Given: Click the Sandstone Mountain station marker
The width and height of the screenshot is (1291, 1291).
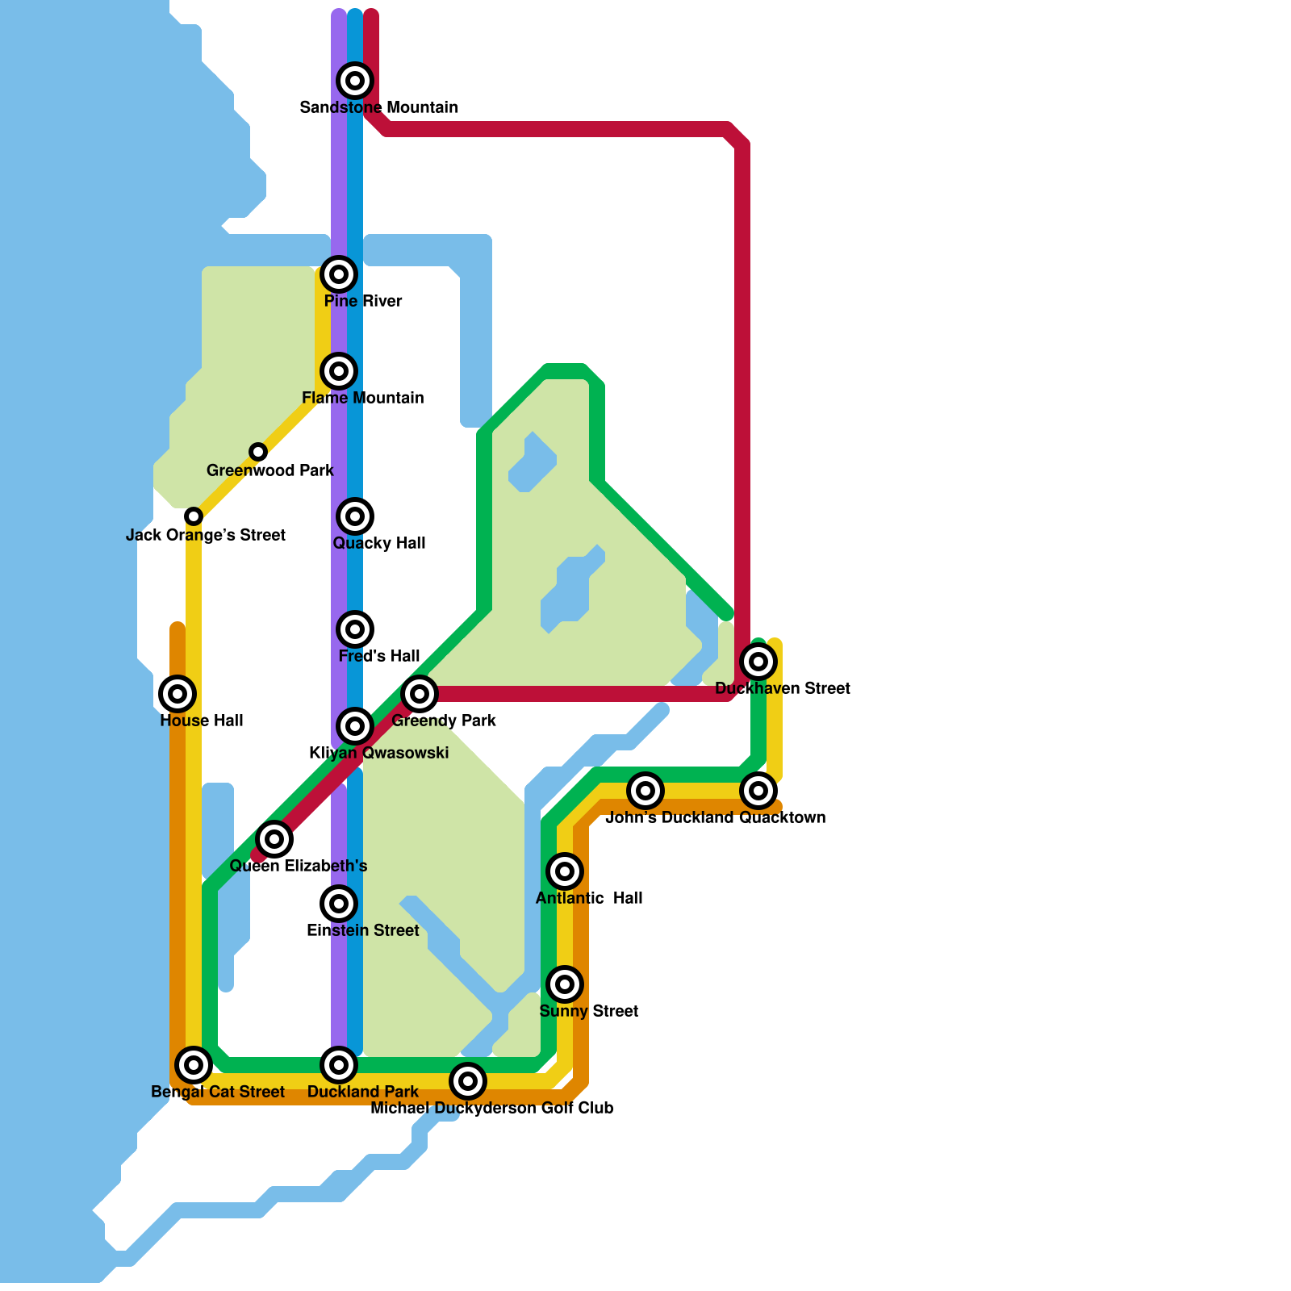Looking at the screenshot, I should pos(355,81).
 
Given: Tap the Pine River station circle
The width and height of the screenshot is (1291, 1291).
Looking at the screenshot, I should pos(339,274).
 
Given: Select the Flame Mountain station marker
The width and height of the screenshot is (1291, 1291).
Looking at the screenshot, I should pos(339,371).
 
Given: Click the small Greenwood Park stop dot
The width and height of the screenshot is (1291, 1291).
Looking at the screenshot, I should pos(258,452).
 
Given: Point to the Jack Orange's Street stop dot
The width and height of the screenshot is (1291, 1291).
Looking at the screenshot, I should pos(194,516).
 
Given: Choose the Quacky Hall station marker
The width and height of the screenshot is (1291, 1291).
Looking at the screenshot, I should pos(355,516).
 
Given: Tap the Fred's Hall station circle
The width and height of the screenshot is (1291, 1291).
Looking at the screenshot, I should pos(355,629).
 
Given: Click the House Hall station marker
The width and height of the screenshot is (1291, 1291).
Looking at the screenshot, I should pos(178,694).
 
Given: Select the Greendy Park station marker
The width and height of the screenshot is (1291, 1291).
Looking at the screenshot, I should pos(420,694).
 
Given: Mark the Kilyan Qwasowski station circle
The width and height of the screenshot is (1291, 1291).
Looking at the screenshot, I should pos(355,726).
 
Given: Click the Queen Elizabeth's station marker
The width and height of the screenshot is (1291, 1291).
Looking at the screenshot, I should pos(274,839).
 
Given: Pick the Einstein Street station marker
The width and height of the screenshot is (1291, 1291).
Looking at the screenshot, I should pos(339,904).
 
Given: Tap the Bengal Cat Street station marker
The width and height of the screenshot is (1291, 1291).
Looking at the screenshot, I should pos(194,1065).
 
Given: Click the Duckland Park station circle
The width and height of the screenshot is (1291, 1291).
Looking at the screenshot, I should pos(339,1065).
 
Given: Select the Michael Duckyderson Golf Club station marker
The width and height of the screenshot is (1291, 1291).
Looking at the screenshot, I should pos(468,1081).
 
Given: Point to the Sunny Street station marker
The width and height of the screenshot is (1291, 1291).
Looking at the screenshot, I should pos(565,984).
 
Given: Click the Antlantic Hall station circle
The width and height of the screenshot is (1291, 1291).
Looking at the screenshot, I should pos(565,871).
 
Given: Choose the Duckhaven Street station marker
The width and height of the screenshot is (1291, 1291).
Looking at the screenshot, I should pos(758,662).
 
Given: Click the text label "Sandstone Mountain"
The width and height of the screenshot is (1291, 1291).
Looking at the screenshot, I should pos(379,107).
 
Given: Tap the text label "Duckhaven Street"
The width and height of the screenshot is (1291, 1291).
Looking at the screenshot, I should pos(783,688).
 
